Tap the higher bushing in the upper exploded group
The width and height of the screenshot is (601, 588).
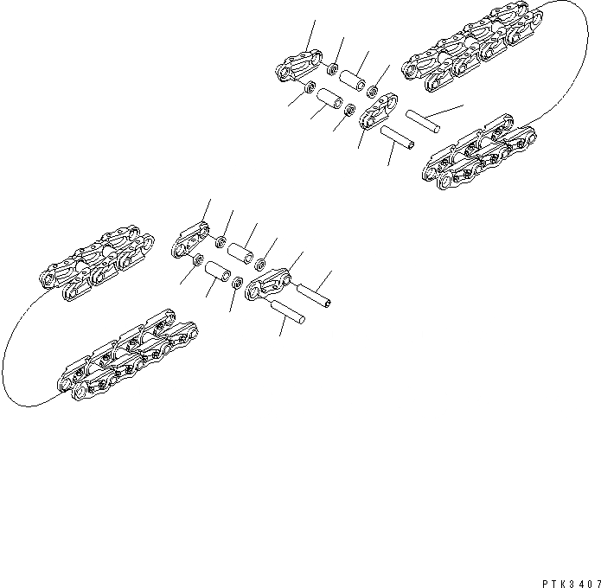[353, 80]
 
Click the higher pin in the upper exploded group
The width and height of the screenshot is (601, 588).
[422, 121]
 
